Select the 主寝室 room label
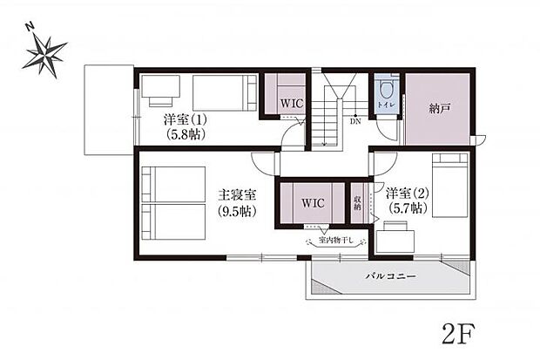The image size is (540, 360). (x=236, y=196)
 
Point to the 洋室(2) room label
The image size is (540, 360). (x=406, y=193)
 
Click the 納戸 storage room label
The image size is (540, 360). (x=440, y=110)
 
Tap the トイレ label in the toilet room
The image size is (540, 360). (x=385, y=105)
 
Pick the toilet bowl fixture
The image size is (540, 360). (x=386, y=88)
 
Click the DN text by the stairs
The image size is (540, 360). (x=355, y=122)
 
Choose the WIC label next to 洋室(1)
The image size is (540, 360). (x=291, y=103)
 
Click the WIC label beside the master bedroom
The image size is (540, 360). (x=313, y=202)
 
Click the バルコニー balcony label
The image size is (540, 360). (x=389, y=275)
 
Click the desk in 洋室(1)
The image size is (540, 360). (x=161, y=87)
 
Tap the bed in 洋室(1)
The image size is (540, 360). (x=224, y=92)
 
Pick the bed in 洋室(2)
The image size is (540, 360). (x=451, y=185)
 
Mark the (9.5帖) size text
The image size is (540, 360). (x=235, y=211)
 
